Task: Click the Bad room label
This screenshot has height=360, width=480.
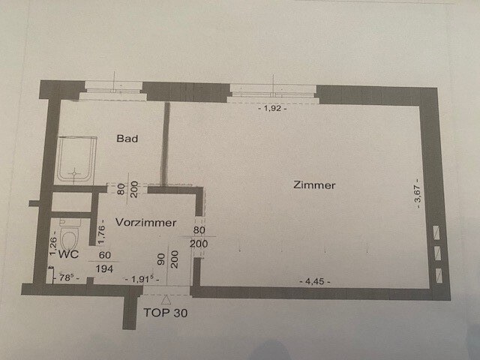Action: tap(127, 138)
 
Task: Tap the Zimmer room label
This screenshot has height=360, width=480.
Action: tap(314, 185)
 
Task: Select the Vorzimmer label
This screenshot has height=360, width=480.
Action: tap(145, 223)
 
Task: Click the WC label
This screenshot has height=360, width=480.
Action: tap(68, 254)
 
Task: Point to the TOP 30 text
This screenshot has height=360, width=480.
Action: tap(165, 313)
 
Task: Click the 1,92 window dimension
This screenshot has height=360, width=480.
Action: tap(273, 108)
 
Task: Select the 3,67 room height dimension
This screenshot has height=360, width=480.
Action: tap(418, 193)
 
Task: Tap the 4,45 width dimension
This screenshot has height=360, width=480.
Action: tap(315, 281)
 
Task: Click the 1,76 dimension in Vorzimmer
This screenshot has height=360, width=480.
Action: tap(102, 232)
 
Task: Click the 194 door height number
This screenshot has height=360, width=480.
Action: tap(104, 268)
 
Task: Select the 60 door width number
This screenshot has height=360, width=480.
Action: tap(105, 255)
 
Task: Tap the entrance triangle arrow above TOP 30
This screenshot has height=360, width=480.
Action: tap(166, 300)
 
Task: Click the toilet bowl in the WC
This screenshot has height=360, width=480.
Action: tap(70, 237)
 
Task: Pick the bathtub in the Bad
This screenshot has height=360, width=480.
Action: tap(76, 160)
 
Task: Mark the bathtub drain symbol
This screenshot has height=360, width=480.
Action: tap(74, 173)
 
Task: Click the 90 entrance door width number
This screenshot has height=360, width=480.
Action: tap(161, 259)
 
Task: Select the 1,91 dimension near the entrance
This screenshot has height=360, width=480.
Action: tap(142, 279)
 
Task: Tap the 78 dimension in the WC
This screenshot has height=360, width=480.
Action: tap(66, 278)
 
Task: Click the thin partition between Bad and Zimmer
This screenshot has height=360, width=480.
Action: tap(166, 143)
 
